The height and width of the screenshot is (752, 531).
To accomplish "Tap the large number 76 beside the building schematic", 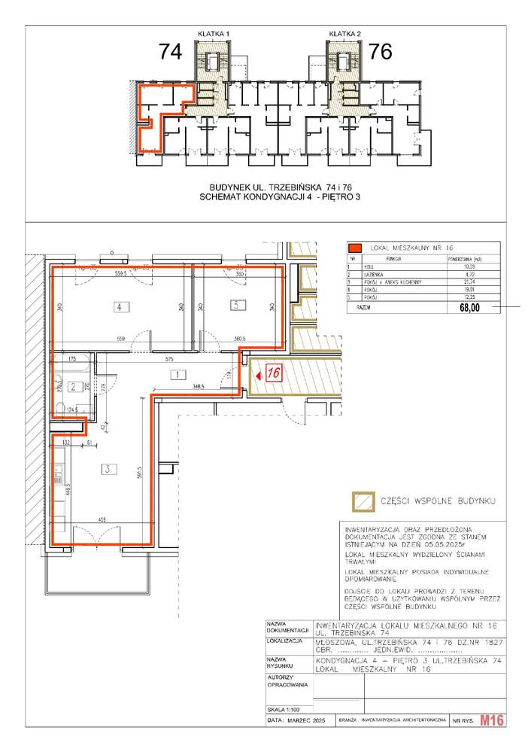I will (381, 52).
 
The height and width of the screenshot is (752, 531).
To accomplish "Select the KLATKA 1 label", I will (213, 34).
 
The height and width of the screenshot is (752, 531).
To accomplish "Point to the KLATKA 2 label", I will (345, 34).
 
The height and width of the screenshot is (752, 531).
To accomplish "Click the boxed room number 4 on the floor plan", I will (118, 306).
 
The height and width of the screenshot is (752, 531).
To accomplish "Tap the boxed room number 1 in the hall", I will (174, 374).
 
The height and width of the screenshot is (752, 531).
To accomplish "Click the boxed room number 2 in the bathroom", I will (73, 387).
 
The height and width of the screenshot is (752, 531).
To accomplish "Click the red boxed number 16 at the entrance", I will (274, 373).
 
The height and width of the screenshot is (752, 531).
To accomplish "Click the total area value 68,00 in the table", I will (463, 307).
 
